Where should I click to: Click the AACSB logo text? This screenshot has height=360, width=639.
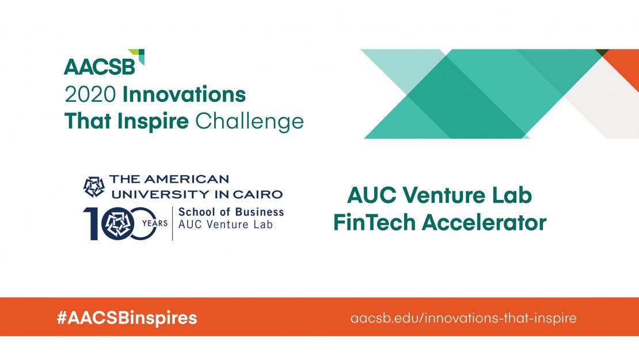[100, 67]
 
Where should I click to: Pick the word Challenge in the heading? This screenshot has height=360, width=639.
[249, 122]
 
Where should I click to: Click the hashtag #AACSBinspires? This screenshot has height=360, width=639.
[127, 317]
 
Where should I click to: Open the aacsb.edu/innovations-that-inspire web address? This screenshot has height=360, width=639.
[463, 317]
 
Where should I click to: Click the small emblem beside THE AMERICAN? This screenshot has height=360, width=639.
[93, 185]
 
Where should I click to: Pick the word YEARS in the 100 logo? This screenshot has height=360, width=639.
[154, 223]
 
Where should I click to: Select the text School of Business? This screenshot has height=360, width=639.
[231, 212]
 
